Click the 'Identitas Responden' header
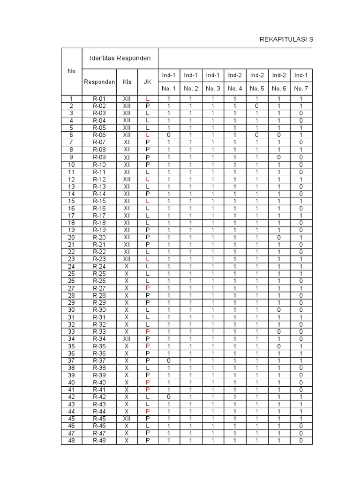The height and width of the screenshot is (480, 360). [120, 58]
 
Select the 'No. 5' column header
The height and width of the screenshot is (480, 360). [257, 88]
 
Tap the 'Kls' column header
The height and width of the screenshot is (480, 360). [127, 82]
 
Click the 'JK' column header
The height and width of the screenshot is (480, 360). [148, 82]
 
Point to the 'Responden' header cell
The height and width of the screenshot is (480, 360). [99, 82]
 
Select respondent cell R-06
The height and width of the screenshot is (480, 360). [99, 135]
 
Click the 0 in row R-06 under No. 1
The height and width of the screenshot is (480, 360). [169, 135]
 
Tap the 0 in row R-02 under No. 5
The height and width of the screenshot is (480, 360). [257, 106]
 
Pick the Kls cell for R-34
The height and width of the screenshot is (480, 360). [127, 338]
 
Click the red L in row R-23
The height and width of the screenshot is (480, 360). [148, 259]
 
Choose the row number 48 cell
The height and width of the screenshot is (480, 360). [71, 440]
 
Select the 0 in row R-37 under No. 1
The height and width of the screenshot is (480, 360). [169, 360]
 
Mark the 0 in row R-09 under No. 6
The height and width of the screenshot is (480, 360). [279, 157]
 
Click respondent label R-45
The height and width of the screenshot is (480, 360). [99, 419]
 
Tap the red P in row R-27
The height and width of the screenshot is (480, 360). [148, 288]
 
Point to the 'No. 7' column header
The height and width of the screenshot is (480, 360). [301, 88]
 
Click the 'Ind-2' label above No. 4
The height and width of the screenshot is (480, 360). [235, 75]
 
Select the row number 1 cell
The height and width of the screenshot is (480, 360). [71, 99]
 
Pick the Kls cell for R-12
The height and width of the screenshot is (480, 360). [127, 179]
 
